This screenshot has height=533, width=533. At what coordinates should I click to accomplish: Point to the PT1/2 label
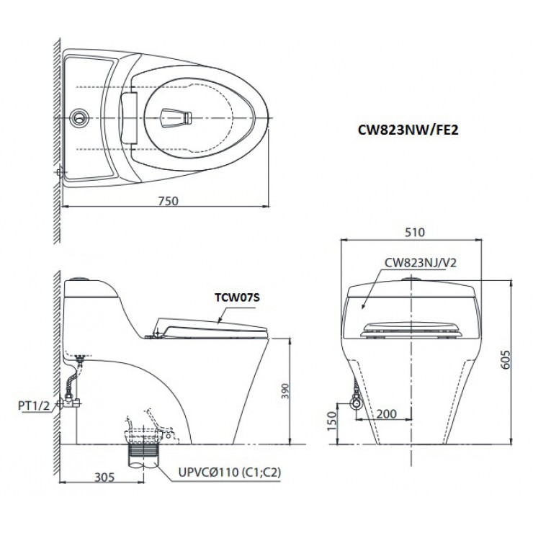pyautogui.click(x=33, y=406)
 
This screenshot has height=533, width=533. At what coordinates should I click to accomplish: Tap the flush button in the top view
pyautogui.click(x=79, y=116)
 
